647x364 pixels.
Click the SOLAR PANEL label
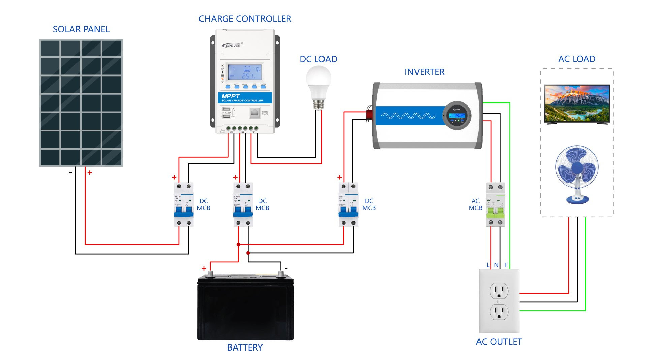[x=81, y=29]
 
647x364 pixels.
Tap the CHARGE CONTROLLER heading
[x=245, y=19]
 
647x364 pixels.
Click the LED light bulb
[x=318, y=86]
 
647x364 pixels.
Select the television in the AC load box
[x=577, y=104]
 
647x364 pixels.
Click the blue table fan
[x=577, y=174]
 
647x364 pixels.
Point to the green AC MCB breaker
[x=495, y=205]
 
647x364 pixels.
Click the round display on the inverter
[x=457, y=116]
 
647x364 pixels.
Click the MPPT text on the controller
[x=230, y=96]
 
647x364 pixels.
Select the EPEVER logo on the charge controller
[x=232, y=45]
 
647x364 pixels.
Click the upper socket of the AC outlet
[x=499, y=291]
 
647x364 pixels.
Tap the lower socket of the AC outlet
[x=499, y=312]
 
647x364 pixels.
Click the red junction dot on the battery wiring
[x=238, y=245]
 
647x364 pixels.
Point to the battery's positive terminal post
[x=210, y=274]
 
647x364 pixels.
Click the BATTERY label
[x=245, y=347]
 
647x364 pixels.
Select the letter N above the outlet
[x=496, y=265]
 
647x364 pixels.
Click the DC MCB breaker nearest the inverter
[x=348, y=205]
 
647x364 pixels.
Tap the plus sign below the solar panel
[x=90, y=173]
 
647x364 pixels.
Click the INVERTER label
[x=425, y=72]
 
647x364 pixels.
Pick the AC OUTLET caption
[x=499, y=342]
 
